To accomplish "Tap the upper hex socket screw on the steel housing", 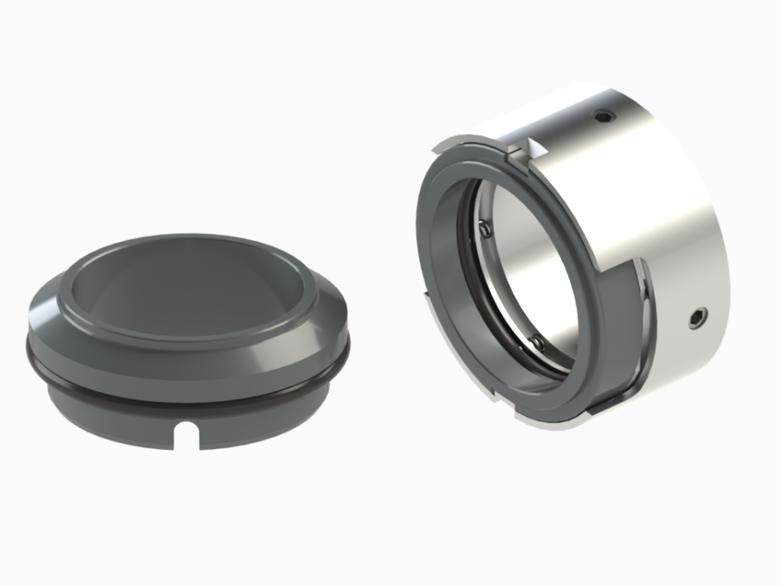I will [x=602, y=117].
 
